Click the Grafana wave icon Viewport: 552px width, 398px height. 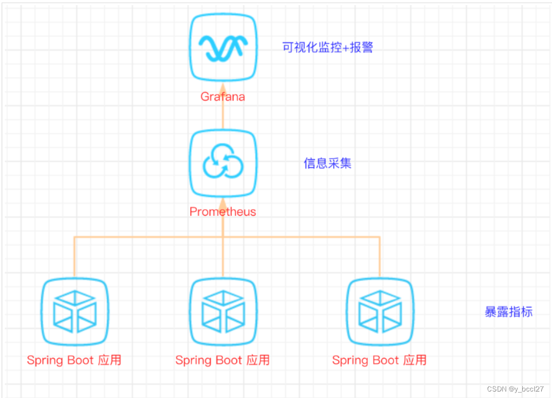point(223,48)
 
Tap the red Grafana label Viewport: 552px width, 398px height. point(223,97)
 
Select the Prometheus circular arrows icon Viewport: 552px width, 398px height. point(223,162)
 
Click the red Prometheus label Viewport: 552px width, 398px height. point(223,211)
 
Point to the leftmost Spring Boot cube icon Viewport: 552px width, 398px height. point(75,312)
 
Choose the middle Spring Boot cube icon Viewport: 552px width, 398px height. point(223,312)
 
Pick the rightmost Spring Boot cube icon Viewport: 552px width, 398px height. point(380,312)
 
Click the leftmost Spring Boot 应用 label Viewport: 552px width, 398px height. point(75,360)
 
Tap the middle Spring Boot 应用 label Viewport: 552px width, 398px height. point(223,360)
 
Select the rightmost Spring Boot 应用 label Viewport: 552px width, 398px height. point(380,360)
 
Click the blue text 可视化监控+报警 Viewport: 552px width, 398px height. point(328,48)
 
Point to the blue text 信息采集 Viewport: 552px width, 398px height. point(328,163)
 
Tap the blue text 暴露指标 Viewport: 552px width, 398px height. point(509,312)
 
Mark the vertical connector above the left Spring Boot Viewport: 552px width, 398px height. point(75,257)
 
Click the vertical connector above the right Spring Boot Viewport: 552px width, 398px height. point(380,257)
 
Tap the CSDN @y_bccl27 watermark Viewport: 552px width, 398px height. point(515,389)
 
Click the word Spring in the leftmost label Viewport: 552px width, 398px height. point(44,361)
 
